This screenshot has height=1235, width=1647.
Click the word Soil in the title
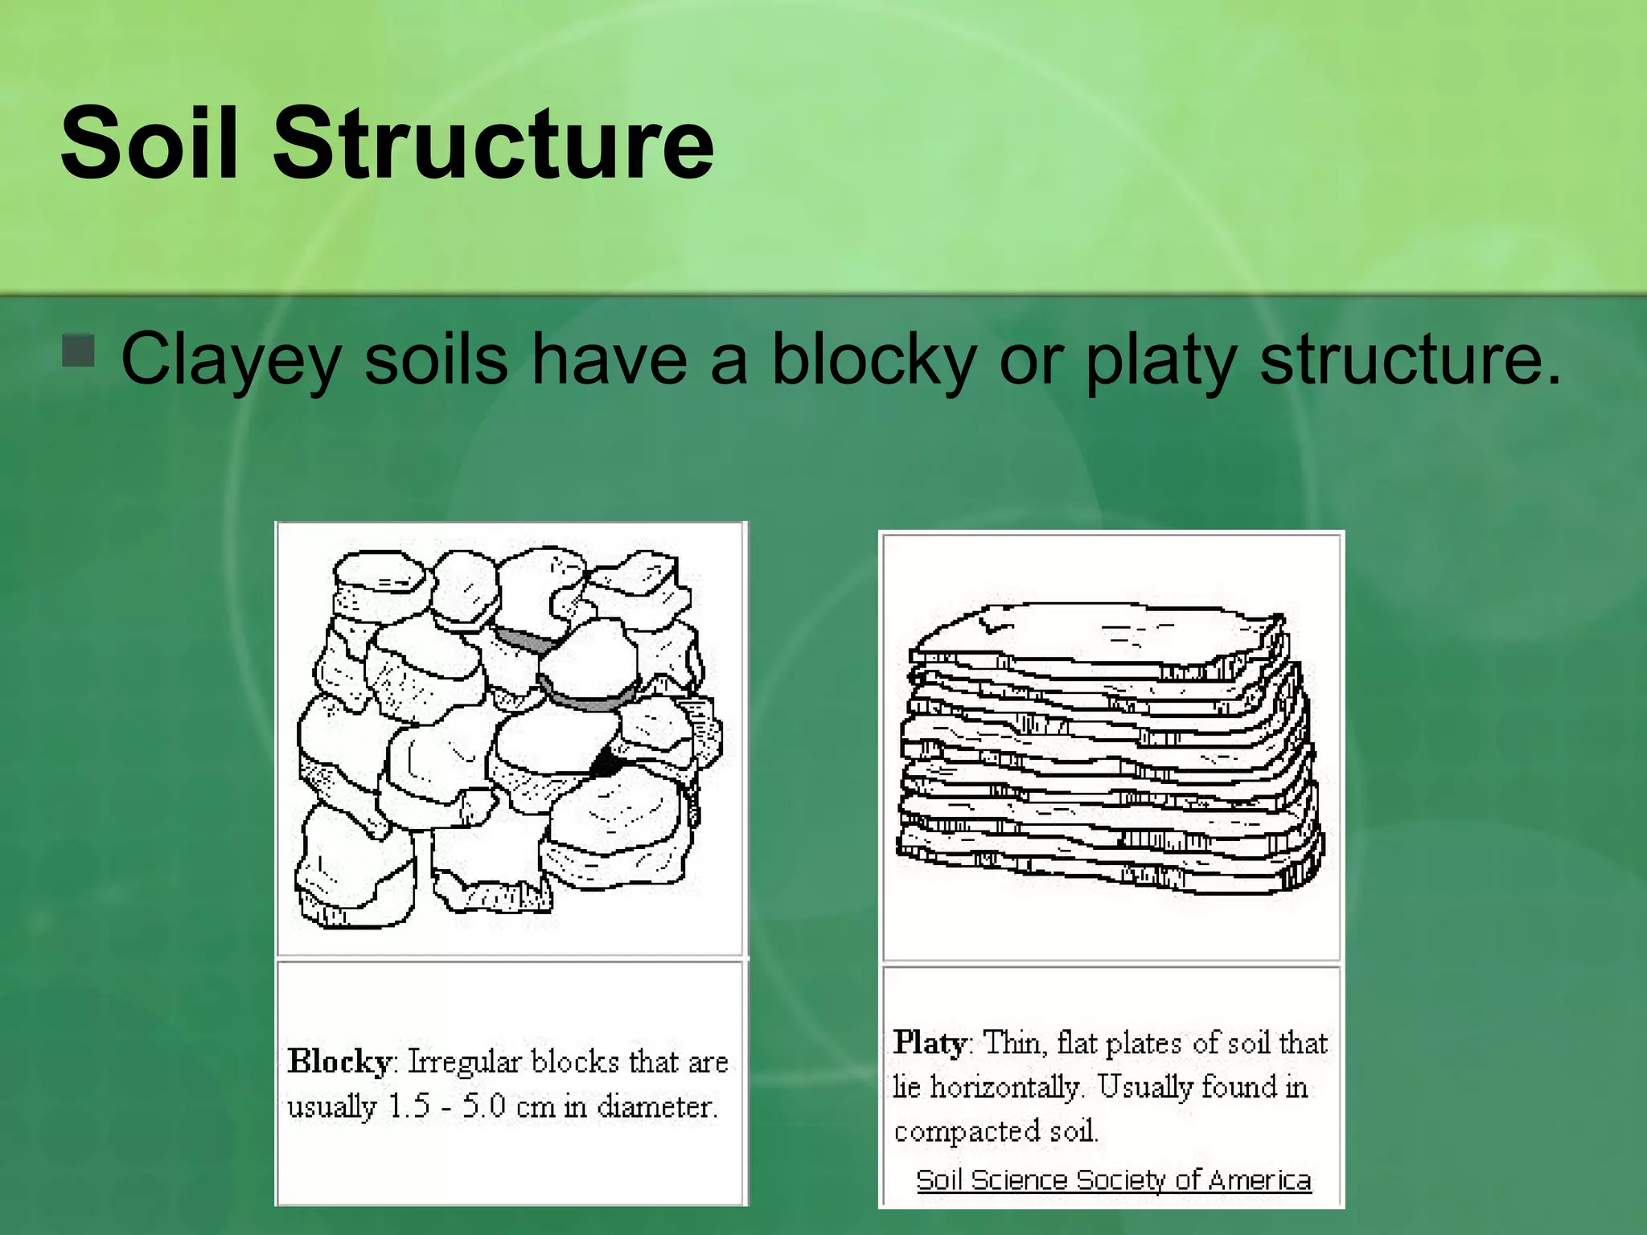coord(150,143)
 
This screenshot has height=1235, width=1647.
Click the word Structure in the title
coord(493,143)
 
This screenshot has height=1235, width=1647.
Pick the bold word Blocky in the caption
coord(339,1061)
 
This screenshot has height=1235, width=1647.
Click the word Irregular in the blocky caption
coord(464,1061)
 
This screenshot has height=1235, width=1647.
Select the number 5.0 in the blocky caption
coord(484,1106)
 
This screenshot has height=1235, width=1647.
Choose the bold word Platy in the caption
coord(930,1043)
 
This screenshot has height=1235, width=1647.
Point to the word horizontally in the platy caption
coord(1004,1087)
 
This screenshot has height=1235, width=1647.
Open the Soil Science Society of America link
coord(1114,1180)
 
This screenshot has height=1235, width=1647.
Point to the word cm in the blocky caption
coord(535,1107)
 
